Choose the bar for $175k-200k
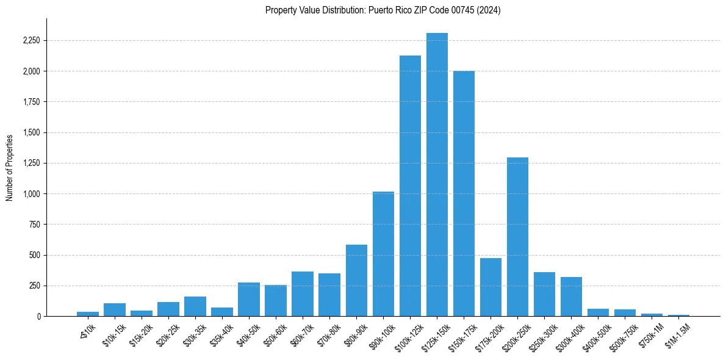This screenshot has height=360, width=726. [491, 287]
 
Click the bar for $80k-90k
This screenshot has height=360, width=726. [356, 281]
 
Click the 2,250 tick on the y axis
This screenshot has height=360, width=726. [31, 41]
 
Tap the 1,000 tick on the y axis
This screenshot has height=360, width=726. [31, 194]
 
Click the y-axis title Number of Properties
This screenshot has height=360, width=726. [9, 167]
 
